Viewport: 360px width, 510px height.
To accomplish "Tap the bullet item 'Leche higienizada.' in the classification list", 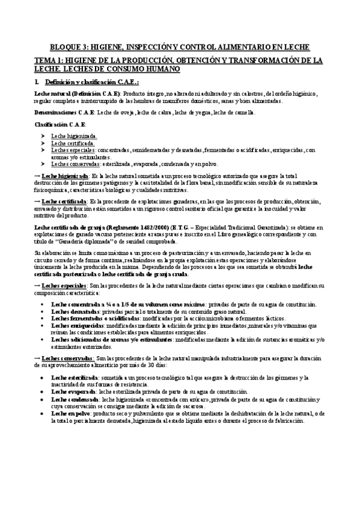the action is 74,137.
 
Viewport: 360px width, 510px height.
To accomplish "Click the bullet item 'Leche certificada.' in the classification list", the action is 73,143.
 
